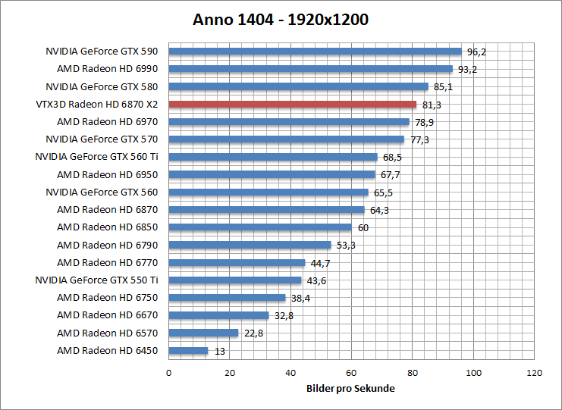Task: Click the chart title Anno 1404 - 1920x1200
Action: point(281,20)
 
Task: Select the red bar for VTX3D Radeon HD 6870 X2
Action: point(292,104)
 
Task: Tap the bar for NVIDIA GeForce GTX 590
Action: point(315,52)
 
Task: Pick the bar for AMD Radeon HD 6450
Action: point(188,351)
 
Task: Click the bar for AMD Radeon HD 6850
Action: point(260,227)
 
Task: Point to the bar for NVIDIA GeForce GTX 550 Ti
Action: point(235,280)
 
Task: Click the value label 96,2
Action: point(476,52)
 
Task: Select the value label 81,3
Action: point(431,105)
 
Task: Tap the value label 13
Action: point(219,352)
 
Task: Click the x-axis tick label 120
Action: point(535,373)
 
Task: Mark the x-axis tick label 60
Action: point(351,373)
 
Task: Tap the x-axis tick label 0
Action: point(168,373)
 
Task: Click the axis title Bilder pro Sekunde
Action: point(351,388)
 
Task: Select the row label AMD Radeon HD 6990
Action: point(107,69)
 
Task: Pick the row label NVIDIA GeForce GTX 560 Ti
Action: point(96,157)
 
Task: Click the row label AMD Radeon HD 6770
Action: point(107,262)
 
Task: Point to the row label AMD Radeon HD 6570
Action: point(107,333)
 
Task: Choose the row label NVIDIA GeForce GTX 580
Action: point(102,86)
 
